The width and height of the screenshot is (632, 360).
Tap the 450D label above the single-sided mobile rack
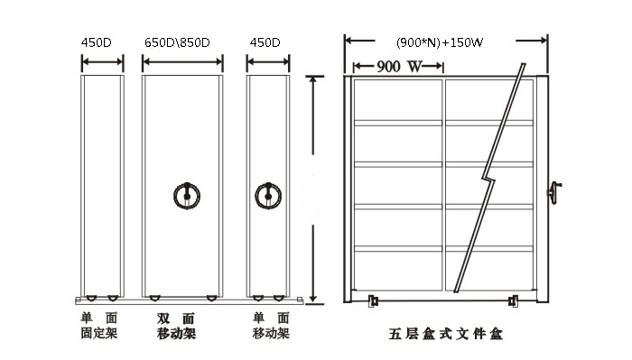(264, 42)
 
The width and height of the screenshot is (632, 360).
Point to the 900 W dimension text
(400, 67)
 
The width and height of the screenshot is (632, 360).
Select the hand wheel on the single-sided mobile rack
(267, 193)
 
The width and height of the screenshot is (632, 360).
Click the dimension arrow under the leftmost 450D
(102, 62)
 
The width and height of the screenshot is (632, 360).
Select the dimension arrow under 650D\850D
(182, 62)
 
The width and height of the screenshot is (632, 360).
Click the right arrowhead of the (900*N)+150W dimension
(544, 40)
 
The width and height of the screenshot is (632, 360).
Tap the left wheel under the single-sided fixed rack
(89, 297)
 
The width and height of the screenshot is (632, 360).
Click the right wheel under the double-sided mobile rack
(211, 297)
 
